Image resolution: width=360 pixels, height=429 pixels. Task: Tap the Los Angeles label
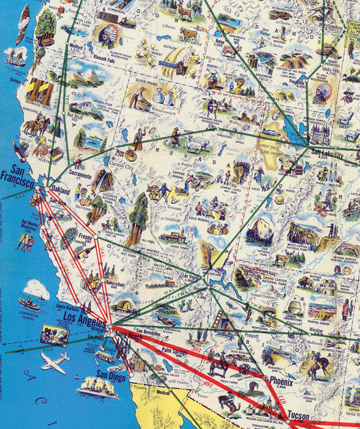86,317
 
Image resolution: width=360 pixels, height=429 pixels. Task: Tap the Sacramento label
80,176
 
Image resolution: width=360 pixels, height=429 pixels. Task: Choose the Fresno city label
85,236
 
